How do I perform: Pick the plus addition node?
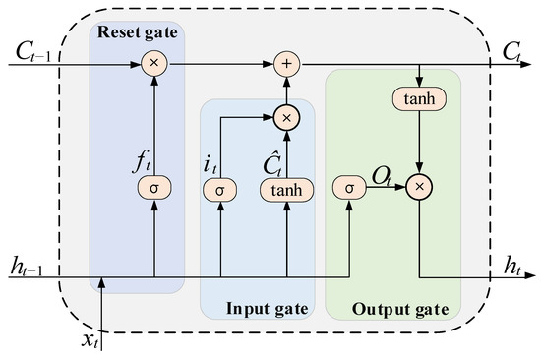pyautogui.click(x=287, y=63)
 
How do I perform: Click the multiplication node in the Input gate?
pyautogui.click(x=287, y=117)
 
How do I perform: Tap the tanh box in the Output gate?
pyautogui.click(x=420, y=98)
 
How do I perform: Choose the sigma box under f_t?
pyautogui.click(x=153, y=186)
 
